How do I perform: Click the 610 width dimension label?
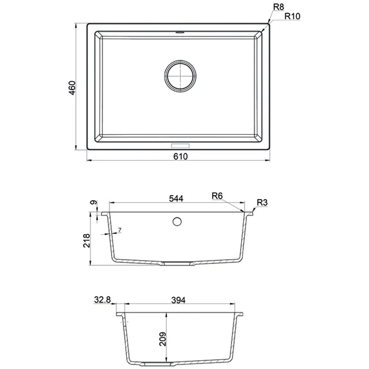[x=181, y=156]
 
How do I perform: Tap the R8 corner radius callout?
[x=279, y=7]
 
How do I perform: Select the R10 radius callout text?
[x=292, y=16]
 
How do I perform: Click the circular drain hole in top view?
[x=180, y=76]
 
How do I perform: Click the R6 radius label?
[x=217, y=196]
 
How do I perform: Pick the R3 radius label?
[x=262, y=203]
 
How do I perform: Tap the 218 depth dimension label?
[x=87, y=240]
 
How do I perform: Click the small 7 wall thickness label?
[x=120, y=230]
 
